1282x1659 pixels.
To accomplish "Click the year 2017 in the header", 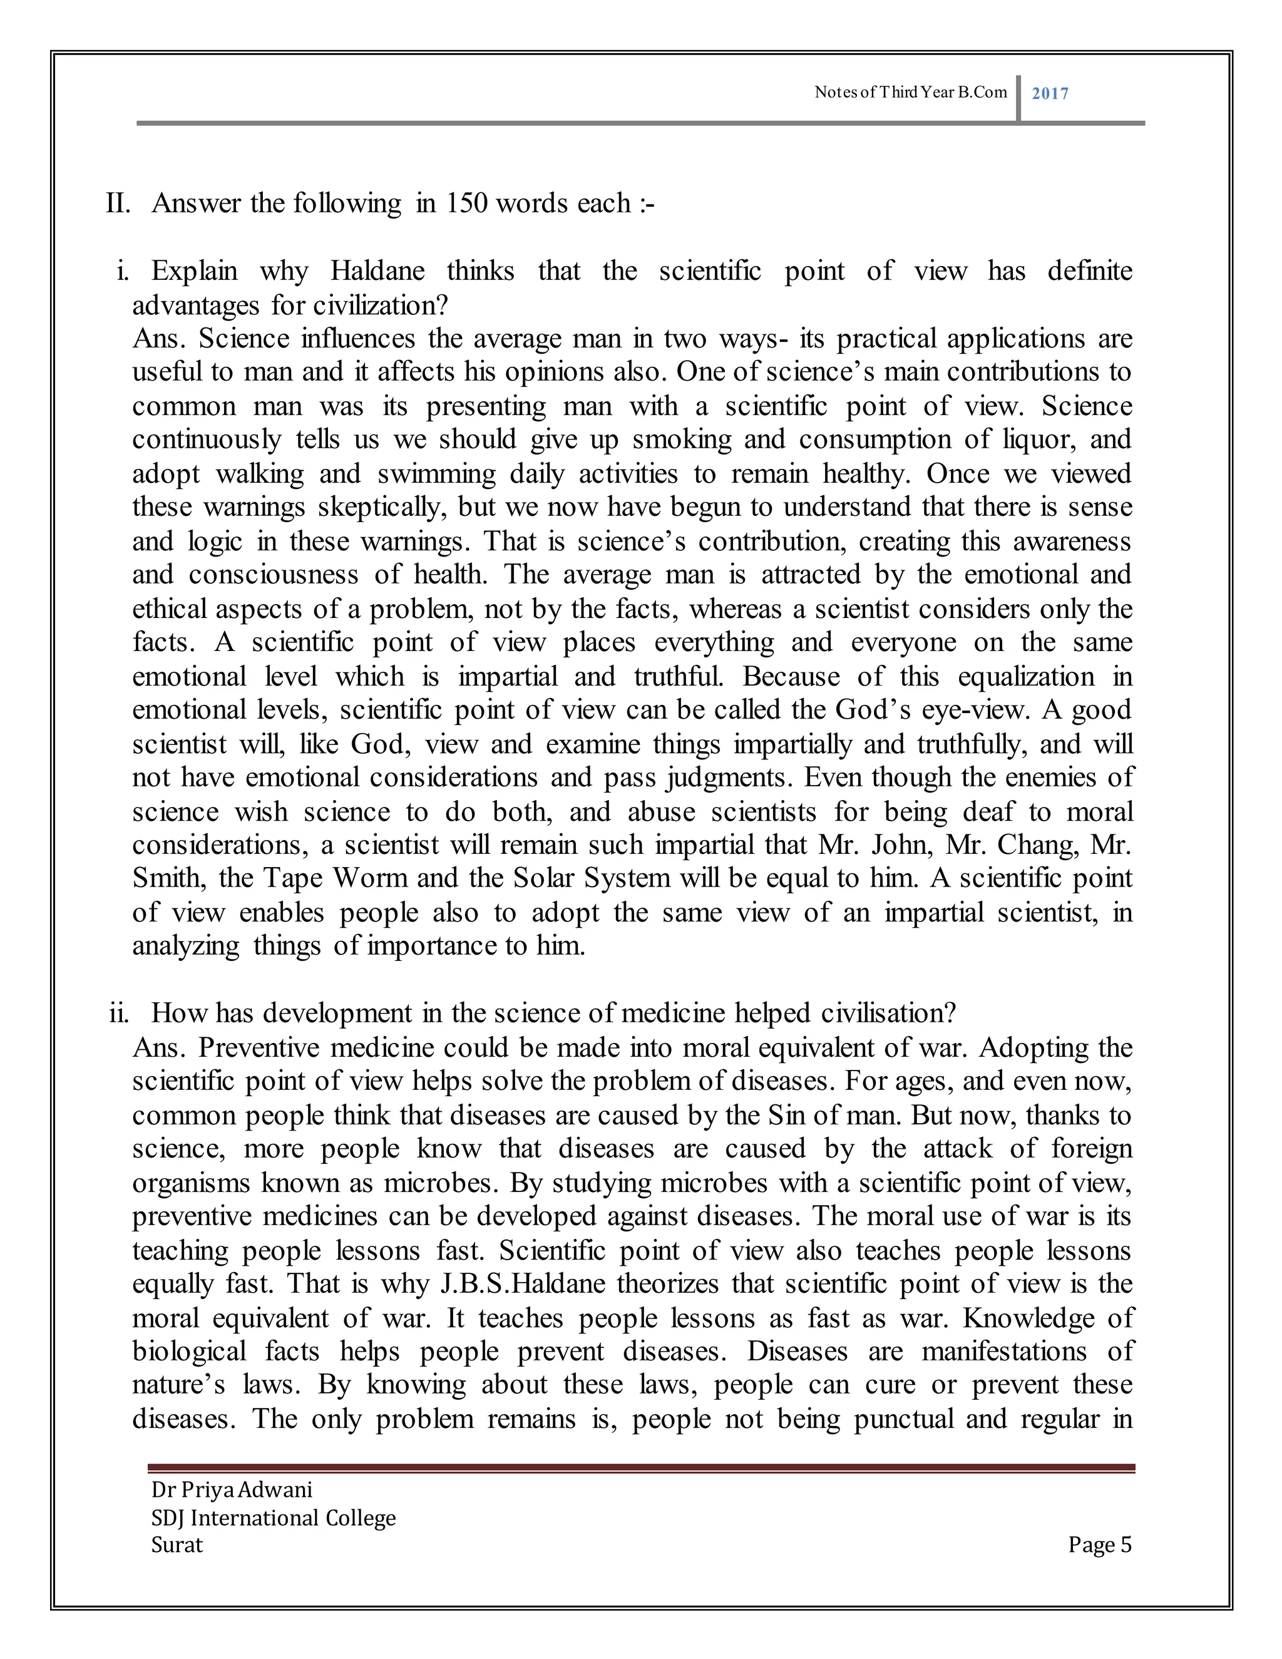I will pos(1050,93).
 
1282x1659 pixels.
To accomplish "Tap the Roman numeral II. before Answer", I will pos(118,203).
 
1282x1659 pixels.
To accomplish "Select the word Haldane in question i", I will pos(377,271).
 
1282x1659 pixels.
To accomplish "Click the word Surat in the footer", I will pos(177,1546).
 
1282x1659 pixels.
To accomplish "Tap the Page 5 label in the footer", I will pos(1099,1546).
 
